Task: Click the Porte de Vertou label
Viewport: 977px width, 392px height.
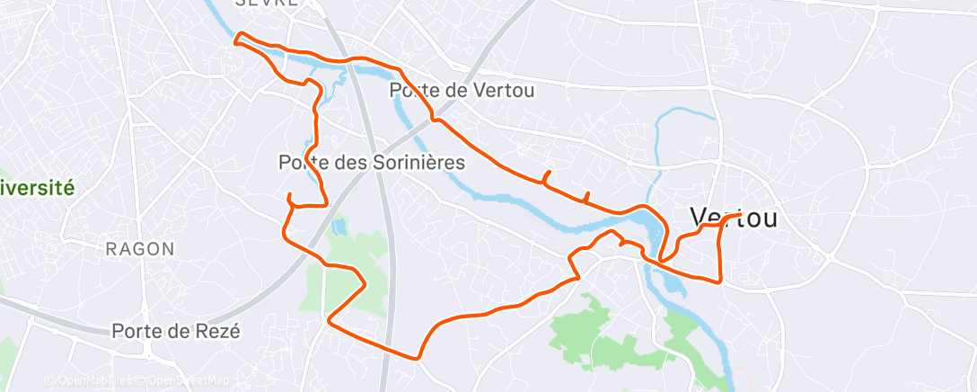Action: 462,90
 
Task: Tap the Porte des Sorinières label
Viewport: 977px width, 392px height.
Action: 372,163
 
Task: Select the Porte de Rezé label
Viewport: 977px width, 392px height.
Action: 176,331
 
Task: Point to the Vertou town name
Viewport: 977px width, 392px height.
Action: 734,217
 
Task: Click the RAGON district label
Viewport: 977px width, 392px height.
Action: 140,249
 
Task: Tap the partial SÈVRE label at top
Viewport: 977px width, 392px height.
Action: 267,4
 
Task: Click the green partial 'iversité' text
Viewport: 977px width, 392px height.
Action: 37,188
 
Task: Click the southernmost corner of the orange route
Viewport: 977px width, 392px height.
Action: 418,357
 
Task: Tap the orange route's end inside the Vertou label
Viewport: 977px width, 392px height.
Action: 738,216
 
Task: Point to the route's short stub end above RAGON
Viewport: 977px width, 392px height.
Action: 288,195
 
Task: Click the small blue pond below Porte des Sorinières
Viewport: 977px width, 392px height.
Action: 338,227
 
